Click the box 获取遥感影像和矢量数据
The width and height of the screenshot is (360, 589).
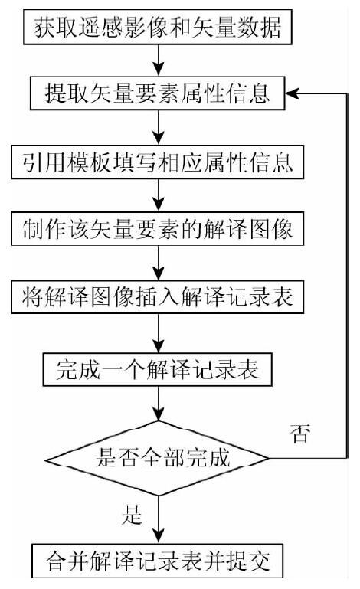pos(158,28)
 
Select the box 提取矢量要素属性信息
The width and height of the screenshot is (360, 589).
pos(158,93)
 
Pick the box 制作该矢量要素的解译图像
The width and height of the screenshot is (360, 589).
pos(158,229)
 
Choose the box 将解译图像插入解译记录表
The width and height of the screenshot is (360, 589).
pos(158,296)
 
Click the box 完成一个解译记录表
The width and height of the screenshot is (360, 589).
pos(158,369)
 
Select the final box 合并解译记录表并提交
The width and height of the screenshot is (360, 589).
pos(158,561)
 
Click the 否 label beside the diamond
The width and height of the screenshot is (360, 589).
pos(300,434)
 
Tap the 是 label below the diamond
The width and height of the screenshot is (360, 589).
pos(132,514)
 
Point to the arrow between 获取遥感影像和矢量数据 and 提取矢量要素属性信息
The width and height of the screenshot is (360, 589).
pos(159,61)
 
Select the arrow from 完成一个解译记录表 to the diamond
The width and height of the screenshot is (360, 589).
pos(159,404)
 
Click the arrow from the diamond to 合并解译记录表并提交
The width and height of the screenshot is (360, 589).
pos(159,519)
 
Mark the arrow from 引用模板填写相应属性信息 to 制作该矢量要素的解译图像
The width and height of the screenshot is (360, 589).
pos(159,195)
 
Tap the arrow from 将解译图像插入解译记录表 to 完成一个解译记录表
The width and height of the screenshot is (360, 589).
pos(159,333)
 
